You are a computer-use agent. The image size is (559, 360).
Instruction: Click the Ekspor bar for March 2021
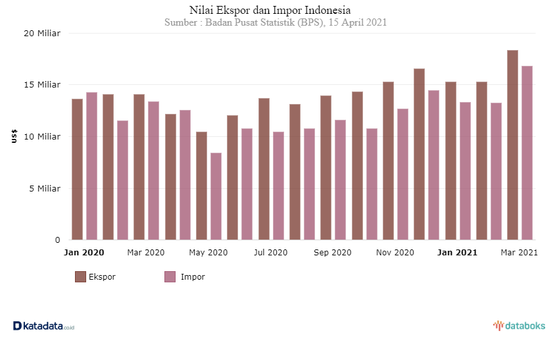point(512,145)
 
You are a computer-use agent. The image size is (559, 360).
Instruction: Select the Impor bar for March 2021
point(527,153)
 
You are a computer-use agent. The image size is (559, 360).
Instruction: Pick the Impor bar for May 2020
point(216,196)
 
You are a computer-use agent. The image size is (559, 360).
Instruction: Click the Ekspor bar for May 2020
point(201,186)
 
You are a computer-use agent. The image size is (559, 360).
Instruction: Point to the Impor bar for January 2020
point(91,166)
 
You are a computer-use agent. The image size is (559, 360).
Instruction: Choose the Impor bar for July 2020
point(278,186)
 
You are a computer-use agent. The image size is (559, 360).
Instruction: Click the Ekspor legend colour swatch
point(80,277)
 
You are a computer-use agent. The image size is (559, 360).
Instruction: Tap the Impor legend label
point(193,277)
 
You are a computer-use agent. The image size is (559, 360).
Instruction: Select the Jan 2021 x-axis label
point(458,253)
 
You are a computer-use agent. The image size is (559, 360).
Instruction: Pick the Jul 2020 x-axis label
point(270,253)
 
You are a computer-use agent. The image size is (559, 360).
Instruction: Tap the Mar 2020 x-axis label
point(145,253)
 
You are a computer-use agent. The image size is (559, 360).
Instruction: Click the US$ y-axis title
point(14,136)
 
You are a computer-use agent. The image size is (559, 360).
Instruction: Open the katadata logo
point(44,326)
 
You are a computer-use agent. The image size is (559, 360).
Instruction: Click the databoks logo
point(520,326)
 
